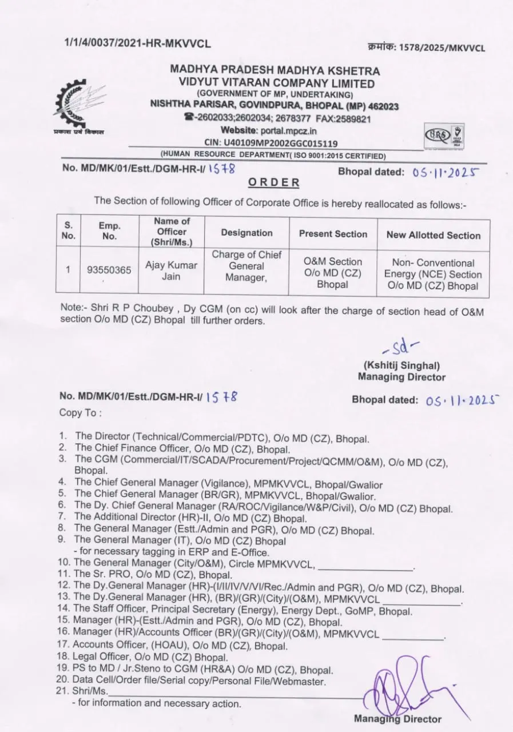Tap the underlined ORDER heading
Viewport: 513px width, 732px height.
(x=274, y=182)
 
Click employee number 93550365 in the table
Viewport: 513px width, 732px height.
(x=109, y=270)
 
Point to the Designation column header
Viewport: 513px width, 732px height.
(x=246, y=233)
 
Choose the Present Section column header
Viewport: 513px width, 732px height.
(x=333, y=234)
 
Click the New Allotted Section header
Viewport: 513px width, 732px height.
(x=433, y=235)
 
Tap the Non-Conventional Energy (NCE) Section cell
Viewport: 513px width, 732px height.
(x=433, y=274)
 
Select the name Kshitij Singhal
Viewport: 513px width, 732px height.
(x=401, y=366)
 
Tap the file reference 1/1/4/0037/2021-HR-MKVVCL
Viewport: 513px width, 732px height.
(x=137, y=43)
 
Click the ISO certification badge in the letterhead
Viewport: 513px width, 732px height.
(x=444, y=137)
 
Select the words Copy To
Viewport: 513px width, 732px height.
(x=81, y=412)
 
